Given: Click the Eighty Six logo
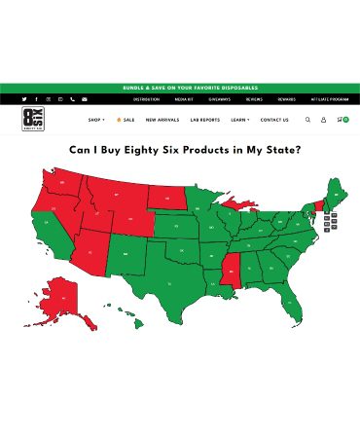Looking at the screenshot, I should pyautogui.click(x=31, y=120).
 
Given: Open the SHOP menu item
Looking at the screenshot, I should pyautogui.click(x=95, y=120).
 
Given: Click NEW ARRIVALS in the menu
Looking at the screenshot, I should pyautogui.click(x=162, y=120).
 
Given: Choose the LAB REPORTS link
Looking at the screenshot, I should pyautogui.click(x=204, y=120).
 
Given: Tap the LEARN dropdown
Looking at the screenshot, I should pyautogui.click(x=239, y=120).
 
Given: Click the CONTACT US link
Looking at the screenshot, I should pyautogui.click(x=274, y=120).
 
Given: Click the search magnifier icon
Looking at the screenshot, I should pyautogui.click(x=308, y=120).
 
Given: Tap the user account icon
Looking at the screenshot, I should pyautogui.click(x=324, y=120).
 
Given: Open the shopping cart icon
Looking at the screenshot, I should pyautogui.click(x=341, y=120).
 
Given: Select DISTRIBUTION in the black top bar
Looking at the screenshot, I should pyautogui.click(x=147, y=99).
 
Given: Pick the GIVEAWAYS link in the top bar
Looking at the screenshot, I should pyautogui.click(x=219, y=99).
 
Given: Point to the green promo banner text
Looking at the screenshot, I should pyautogui.click(x=180, y=88).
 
